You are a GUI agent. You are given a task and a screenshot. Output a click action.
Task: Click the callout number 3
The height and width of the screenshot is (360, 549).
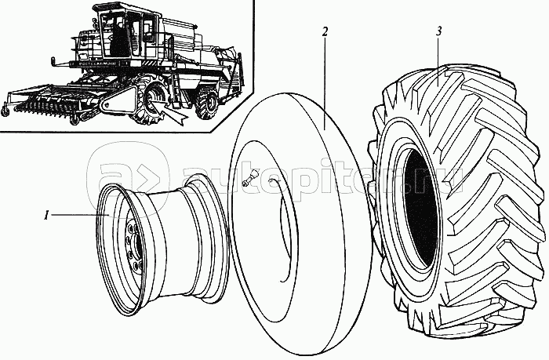(x=440, y=31)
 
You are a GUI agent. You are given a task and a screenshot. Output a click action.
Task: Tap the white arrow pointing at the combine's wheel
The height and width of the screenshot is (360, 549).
(x=172, y=109)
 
